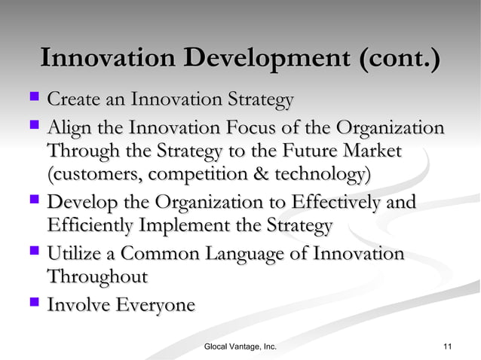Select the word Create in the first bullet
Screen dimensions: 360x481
(74, 99)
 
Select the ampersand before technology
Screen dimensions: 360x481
(269, 175)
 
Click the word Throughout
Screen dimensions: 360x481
(97, 277)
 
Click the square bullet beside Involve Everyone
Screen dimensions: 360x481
(33, 304)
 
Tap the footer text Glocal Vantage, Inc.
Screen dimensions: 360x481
(240, 346)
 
